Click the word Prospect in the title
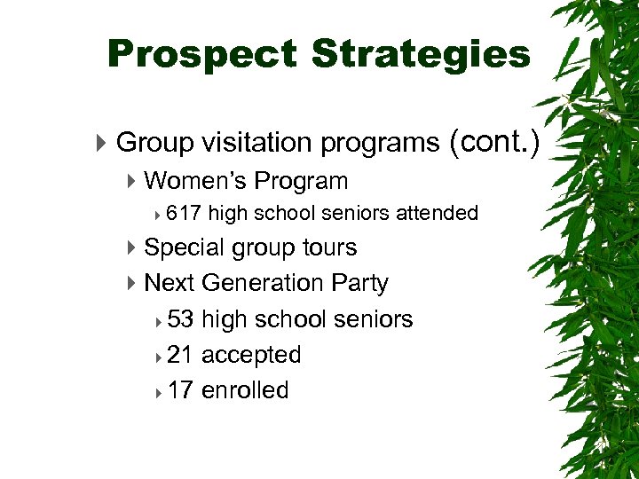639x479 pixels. tap(201, 54)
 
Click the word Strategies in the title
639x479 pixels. tap(421, 54)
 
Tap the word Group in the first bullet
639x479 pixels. tap(155, 142)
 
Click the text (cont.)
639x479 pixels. tap(494, 141)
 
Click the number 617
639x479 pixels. tap(184, 213)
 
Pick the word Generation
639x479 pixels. tap(263, 283)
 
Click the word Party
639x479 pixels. tap(359, 283)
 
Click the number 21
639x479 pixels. tap(180, 355)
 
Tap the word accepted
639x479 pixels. tap(251, 355)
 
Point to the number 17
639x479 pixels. tap(180, 390)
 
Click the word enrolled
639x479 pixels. tap(245, 390)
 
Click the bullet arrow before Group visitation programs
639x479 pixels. tap(104, 142)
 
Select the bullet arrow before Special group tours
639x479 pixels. tap(131, 247)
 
